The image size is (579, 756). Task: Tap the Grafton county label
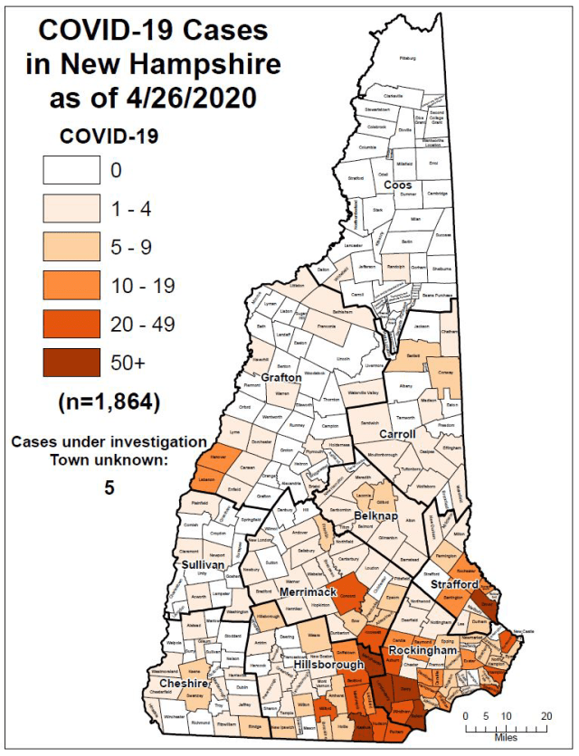280,376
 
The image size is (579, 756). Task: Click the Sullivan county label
204,564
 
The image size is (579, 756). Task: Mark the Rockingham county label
422,650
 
